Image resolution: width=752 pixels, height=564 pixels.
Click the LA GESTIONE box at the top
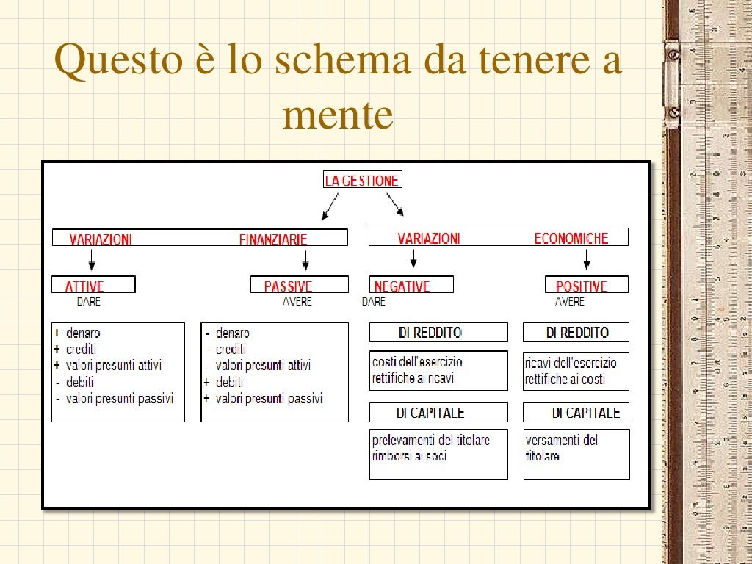click(362, 181)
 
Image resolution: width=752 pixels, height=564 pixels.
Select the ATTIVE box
click(93, 285)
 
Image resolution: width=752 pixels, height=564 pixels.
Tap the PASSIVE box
click(300, 285)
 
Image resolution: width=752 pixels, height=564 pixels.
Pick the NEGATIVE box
click(411, 285)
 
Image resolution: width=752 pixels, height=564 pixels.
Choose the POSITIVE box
click(587, 285)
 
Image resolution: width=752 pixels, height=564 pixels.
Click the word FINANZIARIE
click(273, 239)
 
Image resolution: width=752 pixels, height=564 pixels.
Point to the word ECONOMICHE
click(571, 238)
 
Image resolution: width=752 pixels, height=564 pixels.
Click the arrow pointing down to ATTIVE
click(91, 259)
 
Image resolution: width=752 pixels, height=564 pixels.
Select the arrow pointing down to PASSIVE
click(305, 259)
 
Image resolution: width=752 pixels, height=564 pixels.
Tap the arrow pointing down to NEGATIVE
click(413, 258)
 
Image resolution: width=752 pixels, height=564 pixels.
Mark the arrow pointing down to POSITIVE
click(586, 259)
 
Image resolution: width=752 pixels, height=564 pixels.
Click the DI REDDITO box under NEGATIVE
click(438, 333)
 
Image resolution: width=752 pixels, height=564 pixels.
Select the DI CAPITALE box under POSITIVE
click(576, 413)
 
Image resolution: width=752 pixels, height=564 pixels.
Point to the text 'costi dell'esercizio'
click(417, 362)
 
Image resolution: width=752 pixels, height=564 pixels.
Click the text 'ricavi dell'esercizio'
click(571, 362)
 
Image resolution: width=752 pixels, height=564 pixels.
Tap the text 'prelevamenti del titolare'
click(430, 440)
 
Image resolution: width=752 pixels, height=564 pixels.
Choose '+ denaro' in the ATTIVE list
click(77, 333)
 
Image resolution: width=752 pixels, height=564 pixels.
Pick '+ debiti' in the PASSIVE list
click(223, 382)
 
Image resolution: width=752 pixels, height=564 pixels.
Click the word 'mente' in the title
click(338, 115)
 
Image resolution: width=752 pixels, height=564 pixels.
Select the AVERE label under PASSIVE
click(297, 302)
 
